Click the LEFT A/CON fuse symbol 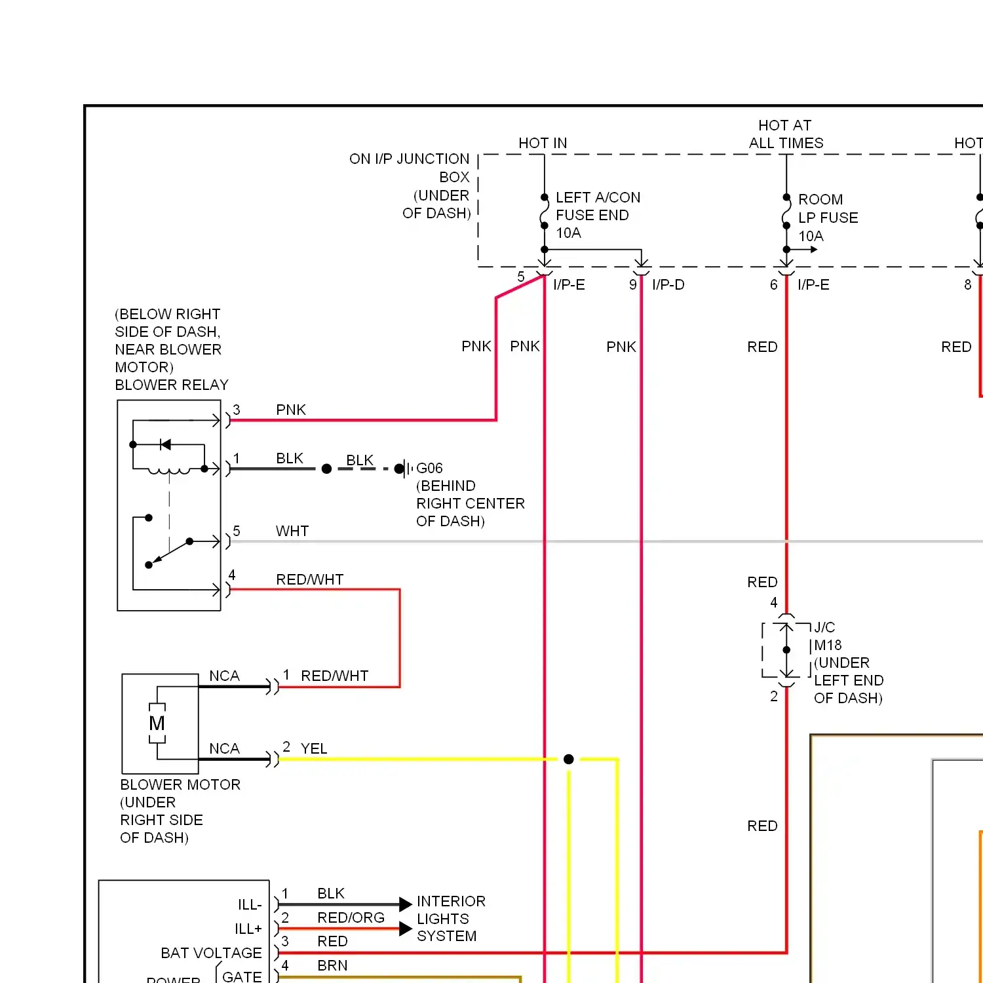pyautogui.click(x=544, y=212)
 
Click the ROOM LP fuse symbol pyautogui.click(x=786, y=212)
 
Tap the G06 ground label pyautogui.click(x=429, y=469)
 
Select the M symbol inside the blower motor pyautogui.click(x=157, y=723)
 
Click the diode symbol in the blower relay pyautogui.click(x=165, y=445)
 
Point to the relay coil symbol pyautogui.click(x=169, y=470)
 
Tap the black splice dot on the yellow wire pyautogui.click(x=569, y=759)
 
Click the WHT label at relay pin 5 pyautogui.click(x=292, y=531)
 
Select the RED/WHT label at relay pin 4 pyautogui.click(x=309, y=580)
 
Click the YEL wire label pyautogui.click(x=314, y=748)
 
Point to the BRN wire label pyautogui.click(x=332, y=965)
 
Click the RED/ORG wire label pyautogui.click(x=351, y=917)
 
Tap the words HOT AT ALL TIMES pyautogui.click(x=786, y=134)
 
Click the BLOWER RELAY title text pyautogui.click(x=172, y=385)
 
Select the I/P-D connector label pyautogui.click(x=668, y=285)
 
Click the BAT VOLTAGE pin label pyautogui.click(x=211, y=953)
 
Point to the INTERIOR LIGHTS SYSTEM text pyautogui.click(x=451, y=919)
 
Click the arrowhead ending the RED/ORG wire pyautogui.click(x=405, y=929)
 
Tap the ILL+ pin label pyautogui.click(x=248, y=929)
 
